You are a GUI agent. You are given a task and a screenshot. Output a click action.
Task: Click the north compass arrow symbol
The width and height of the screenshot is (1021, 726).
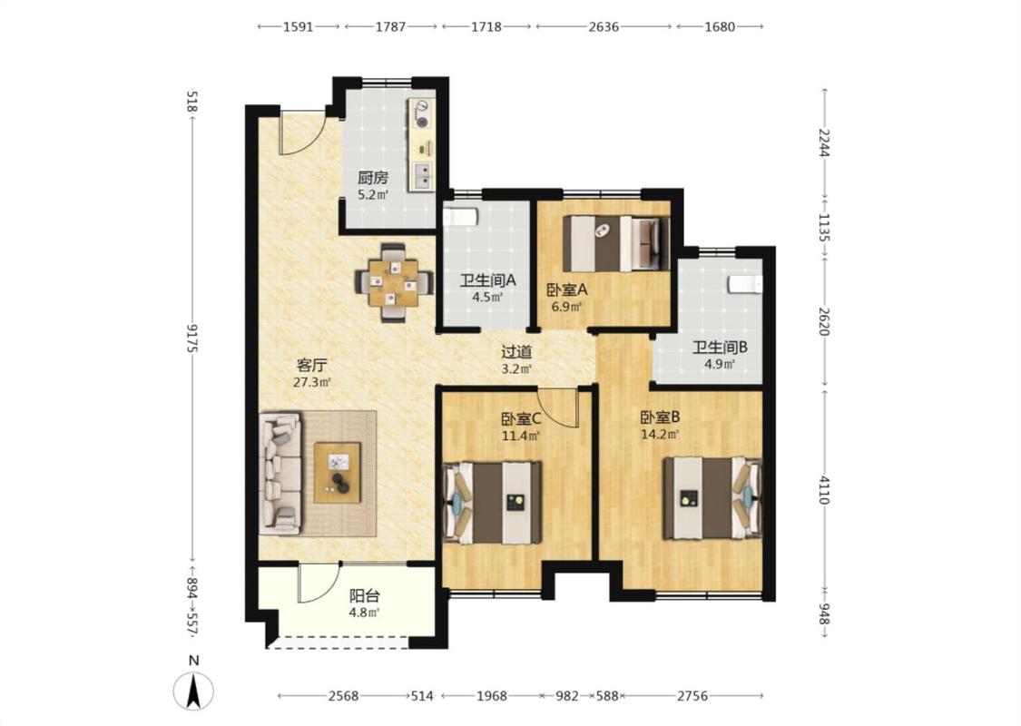(192, 692)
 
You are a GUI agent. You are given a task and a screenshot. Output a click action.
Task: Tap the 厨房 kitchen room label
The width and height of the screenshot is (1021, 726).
(372, 177)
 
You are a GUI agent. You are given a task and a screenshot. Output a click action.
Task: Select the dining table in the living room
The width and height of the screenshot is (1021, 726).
(393, 282)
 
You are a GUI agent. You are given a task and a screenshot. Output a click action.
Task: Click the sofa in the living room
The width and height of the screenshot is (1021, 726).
(280, 474)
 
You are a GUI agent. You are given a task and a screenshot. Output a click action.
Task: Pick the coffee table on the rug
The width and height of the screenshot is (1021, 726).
(338, 473)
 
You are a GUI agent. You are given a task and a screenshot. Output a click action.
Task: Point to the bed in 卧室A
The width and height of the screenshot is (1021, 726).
(616, 243)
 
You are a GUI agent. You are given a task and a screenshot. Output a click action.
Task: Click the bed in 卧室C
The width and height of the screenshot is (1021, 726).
(492, 502)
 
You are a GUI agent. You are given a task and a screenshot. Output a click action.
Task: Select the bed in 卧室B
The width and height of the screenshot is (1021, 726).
(712, 498)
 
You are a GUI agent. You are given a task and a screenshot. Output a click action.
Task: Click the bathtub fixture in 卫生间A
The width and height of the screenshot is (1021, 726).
(461, 216)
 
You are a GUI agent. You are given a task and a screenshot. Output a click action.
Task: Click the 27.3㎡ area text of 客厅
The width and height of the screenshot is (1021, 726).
(312, 382)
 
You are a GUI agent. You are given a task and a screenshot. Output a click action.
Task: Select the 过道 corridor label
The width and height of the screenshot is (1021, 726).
(516, 352)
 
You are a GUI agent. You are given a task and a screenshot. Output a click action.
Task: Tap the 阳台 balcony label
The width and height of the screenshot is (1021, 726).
(365, 596)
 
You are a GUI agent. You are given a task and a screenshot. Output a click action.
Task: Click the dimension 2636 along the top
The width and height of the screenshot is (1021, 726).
(604, 26)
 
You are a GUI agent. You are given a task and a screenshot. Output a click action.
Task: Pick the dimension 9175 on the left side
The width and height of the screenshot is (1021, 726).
(191, 338)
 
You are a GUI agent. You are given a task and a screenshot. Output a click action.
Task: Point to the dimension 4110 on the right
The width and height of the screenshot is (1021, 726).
(824, 490)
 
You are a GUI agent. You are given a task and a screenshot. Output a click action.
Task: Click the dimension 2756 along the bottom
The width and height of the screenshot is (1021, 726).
(692, 696)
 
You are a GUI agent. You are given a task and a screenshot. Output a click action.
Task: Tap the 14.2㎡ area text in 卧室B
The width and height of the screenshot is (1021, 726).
(661, 434)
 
